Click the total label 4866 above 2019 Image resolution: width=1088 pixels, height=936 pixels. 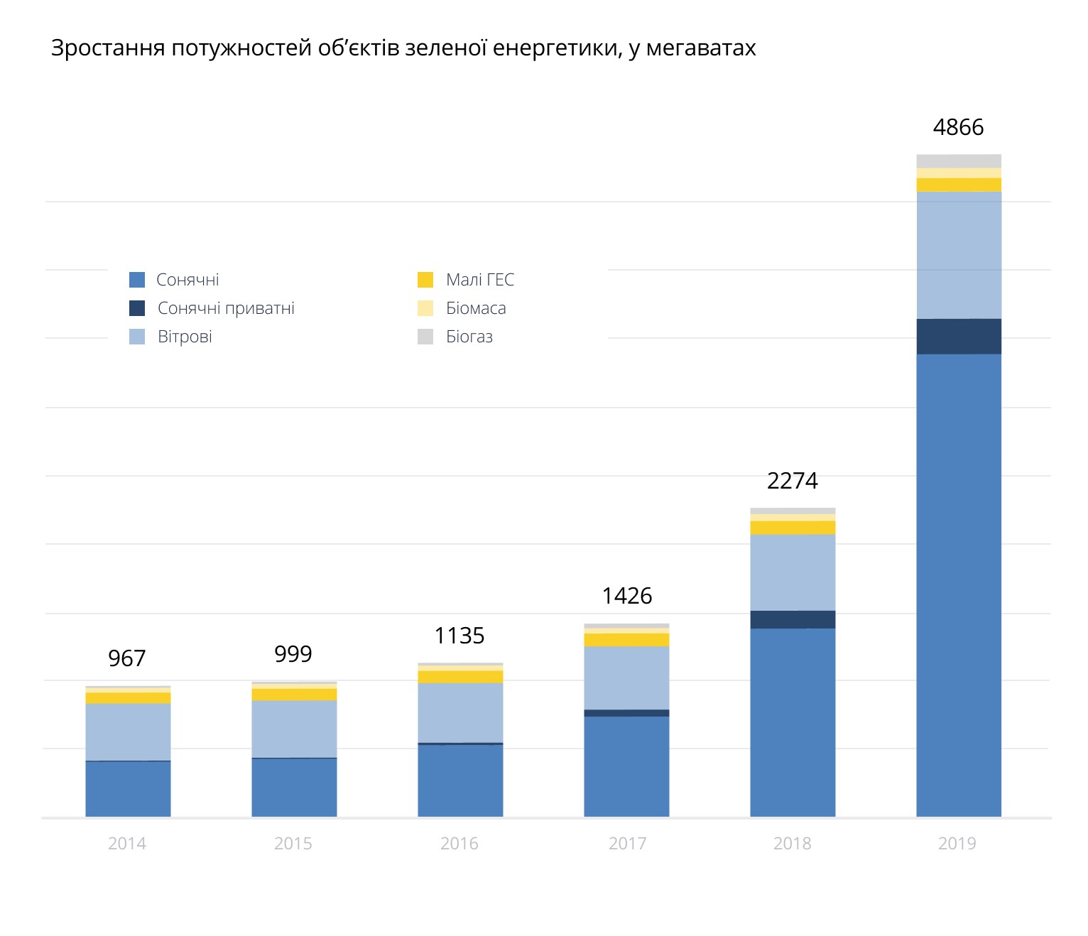pos(958,127)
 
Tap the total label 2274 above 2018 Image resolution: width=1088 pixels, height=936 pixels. pos(792,481)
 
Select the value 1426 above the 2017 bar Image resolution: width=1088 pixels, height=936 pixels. pos(626,596)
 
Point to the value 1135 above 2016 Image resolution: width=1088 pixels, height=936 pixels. pos(459,636)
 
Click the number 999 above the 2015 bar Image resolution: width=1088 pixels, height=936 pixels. pos(293,654)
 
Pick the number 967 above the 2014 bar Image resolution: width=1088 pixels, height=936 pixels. pos(126,658)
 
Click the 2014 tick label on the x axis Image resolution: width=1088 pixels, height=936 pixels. pos(126,844)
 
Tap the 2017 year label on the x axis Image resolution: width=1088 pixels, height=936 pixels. pos(626,844)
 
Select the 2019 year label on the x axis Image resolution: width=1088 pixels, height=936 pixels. pos(957,844)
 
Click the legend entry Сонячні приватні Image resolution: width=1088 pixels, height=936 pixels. pos(225,308)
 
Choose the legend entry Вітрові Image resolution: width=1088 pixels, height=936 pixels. pos(185,337)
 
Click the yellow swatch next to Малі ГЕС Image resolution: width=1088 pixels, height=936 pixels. pos(425,280)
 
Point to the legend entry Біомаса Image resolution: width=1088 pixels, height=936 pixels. pos(475,308)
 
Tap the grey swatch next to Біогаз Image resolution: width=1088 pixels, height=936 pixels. pos(425,337)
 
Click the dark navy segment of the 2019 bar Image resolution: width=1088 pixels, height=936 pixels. pos(959,337)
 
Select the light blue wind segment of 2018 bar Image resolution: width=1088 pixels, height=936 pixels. pos(793,572)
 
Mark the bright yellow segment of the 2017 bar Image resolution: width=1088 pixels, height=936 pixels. pos(626,640)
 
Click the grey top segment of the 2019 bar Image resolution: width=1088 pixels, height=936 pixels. pos(959,161)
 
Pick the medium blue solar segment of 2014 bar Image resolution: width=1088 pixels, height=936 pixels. pos(128,788)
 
